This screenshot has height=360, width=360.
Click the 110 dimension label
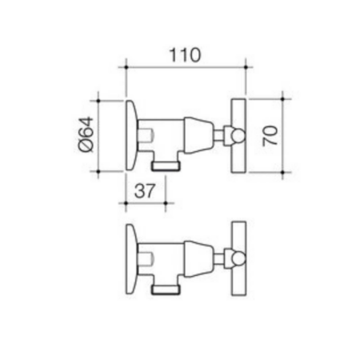point(185,55)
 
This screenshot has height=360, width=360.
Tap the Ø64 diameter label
point(86,134)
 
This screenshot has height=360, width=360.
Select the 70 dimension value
point(270,136)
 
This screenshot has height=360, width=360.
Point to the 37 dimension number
point(144,190)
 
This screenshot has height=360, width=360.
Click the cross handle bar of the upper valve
point(238,136)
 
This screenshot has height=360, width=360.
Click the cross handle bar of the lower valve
point(238,258)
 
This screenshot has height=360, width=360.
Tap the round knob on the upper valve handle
point(238,136)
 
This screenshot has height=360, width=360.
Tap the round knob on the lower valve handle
point(238,258)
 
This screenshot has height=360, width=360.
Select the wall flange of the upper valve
point(132,135)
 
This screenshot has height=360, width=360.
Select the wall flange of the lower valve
point(132,259)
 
